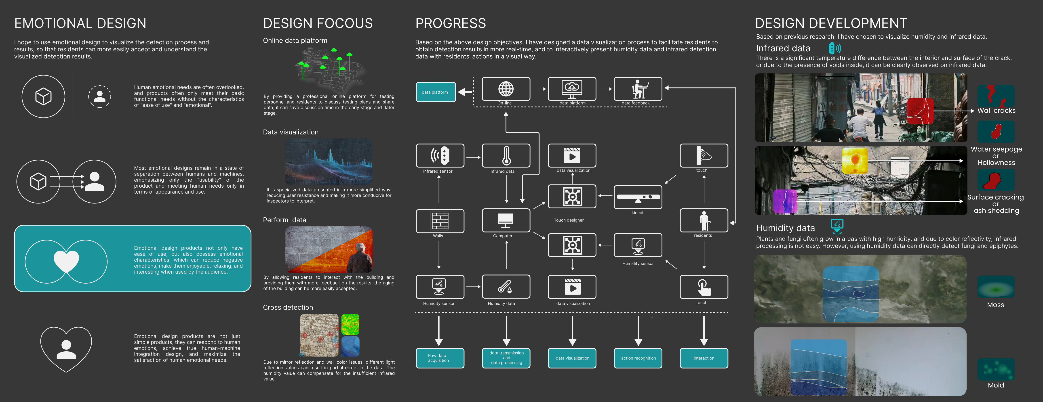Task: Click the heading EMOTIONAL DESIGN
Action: pyautogui.click(x=80, y=23)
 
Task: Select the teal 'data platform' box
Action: pyautogui.click(x=435, y=92)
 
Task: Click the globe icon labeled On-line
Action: pyautogui.click(x=506, y=89)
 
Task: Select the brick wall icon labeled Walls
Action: pyautogui.click(x=440, y=221)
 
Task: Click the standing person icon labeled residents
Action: pyautogui.click(x=704, y=221)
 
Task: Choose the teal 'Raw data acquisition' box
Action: pyautogui.click(x=440, y=358)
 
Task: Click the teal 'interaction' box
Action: pyautogui.click(x=704, y=358)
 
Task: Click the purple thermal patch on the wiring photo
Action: pyautogui.click(x=785, y=201)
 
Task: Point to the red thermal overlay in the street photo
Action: pyautogui.click(x=920, y=111)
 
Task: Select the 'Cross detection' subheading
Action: pyautogui.click(x=288, y=307)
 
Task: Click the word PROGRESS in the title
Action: pyautogui.click(x=450, y=23)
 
